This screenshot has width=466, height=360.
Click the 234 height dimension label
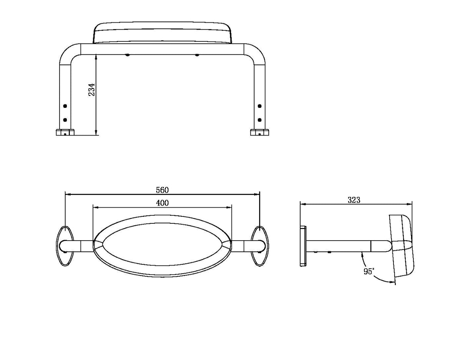[92, 89]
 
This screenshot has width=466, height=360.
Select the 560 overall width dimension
[162, 190]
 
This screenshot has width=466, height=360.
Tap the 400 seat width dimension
[162, 203]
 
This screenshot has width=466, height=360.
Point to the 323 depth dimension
[354, 200]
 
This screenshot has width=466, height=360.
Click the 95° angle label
[369, 271]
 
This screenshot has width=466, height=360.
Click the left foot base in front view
[65, 132]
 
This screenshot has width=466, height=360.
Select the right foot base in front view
[259, 132]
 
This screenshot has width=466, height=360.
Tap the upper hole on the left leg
[65, 106]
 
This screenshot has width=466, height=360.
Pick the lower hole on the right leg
[259, 120]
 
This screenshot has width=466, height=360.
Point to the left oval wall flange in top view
[64, 246]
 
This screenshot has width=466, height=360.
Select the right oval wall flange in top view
[260, 246]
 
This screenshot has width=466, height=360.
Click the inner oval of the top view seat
[162, 244]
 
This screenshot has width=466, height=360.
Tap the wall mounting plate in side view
[303, 246]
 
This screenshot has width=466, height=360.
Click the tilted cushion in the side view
[402, 246]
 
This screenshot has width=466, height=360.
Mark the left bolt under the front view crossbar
[128, 55]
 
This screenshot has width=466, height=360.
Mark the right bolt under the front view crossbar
[197, 55]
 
